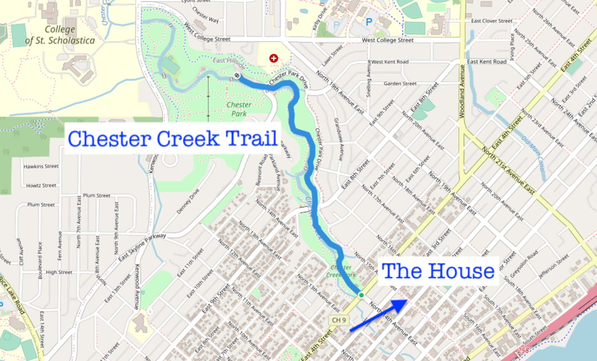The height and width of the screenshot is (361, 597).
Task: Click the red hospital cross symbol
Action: pos(274,58)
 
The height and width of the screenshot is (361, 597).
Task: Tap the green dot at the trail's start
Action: pos(361,295)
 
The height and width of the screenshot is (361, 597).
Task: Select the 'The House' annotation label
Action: pos(438,271)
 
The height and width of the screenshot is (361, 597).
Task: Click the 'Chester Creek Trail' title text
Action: pos(173,139)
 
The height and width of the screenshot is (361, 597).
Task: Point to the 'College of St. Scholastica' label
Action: pos(60,35)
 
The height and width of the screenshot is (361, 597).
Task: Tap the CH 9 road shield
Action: pos(339,320)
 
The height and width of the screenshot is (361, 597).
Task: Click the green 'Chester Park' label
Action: pos(239,109)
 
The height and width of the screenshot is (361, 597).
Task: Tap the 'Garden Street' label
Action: pos(400,84)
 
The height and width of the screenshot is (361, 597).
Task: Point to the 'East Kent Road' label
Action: pos(486,62)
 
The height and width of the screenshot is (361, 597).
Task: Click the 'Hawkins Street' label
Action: pos(41,166)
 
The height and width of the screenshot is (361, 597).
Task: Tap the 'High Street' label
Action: pos(59,272)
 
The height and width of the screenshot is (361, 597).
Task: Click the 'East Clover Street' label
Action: pos(491,21)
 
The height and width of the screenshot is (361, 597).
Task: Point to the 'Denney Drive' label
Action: pos(188,201)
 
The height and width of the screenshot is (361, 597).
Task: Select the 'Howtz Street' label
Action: pos(41,186)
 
